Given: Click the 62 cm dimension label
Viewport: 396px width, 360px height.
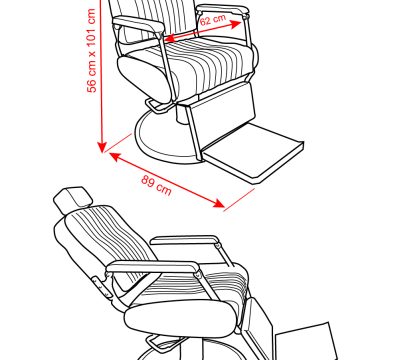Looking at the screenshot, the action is pos(213,20).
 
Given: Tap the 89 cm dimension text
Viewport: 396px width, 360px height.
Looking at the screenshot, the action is pos(156,185).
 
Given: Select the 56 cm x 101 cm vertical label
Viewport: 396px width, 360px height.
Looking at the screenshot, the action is pos(91,50).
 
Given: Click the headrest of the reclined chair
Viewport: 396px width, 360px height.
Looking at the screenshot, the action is pos(73,199).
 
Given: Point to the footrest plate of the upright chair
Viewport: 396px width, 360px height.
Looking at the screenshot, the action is pos(254,152).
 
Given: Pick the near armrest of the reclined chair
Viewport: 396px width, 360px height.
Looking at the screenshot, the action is pos(154,267).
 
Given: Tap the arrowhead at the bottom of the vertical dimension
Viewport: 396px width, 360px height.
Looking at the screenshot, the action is pos(102,147).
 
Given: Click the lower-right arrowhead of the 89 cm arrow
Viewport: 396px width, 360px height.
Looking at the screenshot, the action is pos(219,203).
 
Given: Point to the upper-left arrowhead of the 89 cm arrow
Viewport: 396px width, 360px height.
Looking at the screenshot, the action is pos(115,156).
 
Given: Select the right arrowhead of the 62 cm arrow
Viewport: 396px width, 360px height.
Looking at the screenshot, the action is pos(235,23).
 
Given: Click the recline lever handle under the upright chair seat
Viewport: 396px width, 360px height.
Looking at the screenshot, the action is pos(156,106).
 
